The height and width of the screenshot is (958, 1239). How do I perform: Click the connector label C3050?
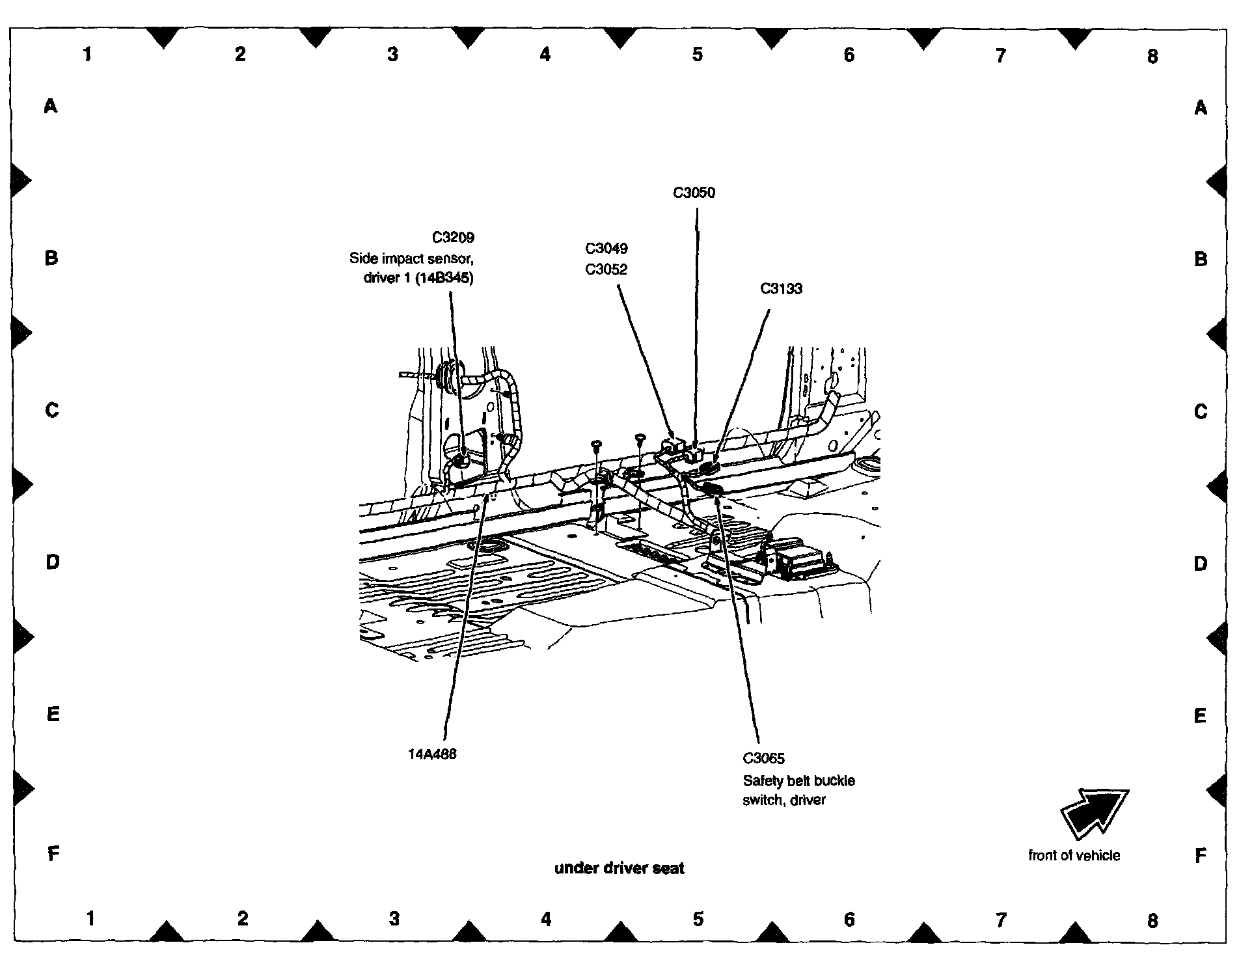(x=694, y=193)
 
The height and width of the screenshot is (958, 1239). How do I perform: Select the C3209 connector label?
(x=453, y=238)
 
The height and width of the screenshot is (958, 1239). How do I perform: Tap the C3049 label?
(x=606, y=248)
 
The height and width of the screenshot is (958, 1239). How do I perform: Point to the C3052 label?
(x=606, y=269)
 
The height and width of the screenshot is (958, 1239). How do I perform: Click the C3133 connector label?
(x=781, y=288)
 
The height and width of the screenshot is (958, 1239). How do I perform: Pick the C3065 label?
(x=763, y=758)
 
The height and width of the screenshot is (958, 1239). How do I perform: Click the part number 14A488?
(x=432, y=754)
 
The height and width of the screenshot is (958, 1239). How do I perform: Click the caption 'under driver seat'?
(x=619, y=868)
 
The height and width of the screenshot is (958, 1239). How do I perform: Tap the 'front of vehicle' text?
(x=1074, y=855)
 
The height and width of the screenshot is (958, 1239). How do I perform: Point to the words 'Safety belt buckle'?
(x=798, y=780)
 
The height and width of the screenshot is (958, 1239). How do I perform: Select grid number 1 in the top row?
(x=87, y=54)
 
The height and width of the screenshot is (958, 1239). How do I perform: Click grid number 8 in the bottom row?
(x=1152, y=921)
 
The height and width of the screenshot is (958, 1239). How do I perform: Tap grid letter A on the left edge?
(x=51, y=105)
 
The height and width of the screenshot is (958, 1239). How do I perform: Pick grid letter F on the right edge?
(x=1201, y=856)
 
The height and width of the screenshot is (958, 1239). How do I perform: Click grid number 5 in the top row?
(x=697, y=54)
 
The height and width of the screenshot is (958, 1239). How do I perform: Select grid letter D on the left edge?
(x=53, y=562)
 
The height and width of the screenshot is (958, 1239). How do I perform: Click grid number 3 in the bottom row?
(x=394, y=918)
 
